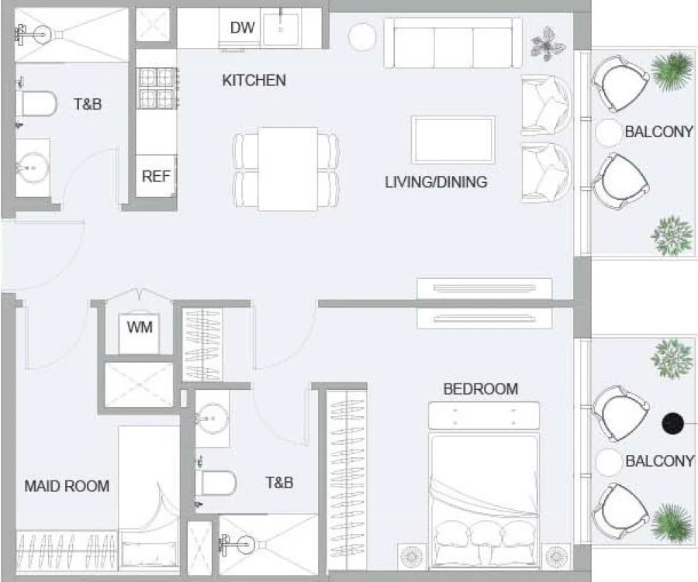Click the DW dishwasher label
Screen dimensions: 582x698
(242, 28)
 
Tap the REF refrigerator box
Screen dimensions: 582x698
(156, 176)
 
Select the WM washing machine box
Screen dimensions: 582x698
(140, 327)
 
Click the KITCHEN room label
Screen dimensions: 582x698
(254, 80)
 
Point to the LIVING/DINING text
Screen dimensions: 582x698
(436, 182)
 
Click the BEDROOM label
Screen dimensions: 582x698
(480, 389)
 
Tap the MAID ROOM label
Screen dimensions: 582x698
(67, 487)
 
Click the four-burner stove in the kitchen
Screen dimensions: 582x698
(157, 88)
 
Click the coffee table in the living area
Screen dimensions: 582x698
(453, 139)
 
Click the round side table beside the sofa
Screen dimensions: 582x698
(361, 36)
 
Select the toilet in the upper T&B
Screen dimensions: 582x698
(36, 103)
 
